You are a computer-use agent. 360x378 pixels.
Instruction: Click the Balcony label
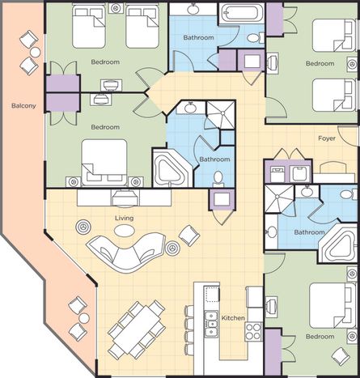[23, 106]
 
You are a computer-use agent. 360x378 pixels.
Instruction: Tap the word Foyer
[327, 138]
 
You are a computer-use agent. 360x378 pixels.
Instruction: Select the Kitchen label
[233, 318]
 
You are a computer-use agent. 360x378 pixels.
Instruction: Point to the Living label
[125, 218]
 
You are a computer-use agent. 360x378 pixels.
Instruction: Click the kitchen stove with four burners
[253, 331]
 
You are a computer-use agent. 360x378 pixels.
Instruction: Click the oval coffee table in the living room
[124, 231]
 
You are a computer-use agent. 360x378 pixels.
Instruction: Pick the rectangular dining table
[137, 329]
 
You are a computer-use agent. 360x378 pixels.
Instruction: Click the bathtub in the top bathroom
[242, 13]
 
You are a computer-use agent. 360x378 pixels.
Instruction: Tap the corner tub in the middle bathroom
[169, 171]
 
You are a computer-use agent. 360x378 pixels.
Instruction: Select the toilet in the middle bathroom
[218, 179]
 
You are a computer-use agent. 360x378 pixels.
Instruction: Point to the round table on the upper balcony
[35, 52]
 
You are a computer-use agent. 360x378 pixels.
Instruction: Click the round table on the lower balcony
[84, 318]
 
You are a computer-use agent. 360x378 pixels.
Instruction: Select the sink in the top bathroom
[193, 10]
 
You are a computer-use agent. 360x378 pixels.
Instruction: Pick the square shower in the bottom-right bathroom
[279, 198]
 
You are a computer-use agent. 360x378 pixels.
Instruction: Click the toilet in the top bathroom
[256, 37]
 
